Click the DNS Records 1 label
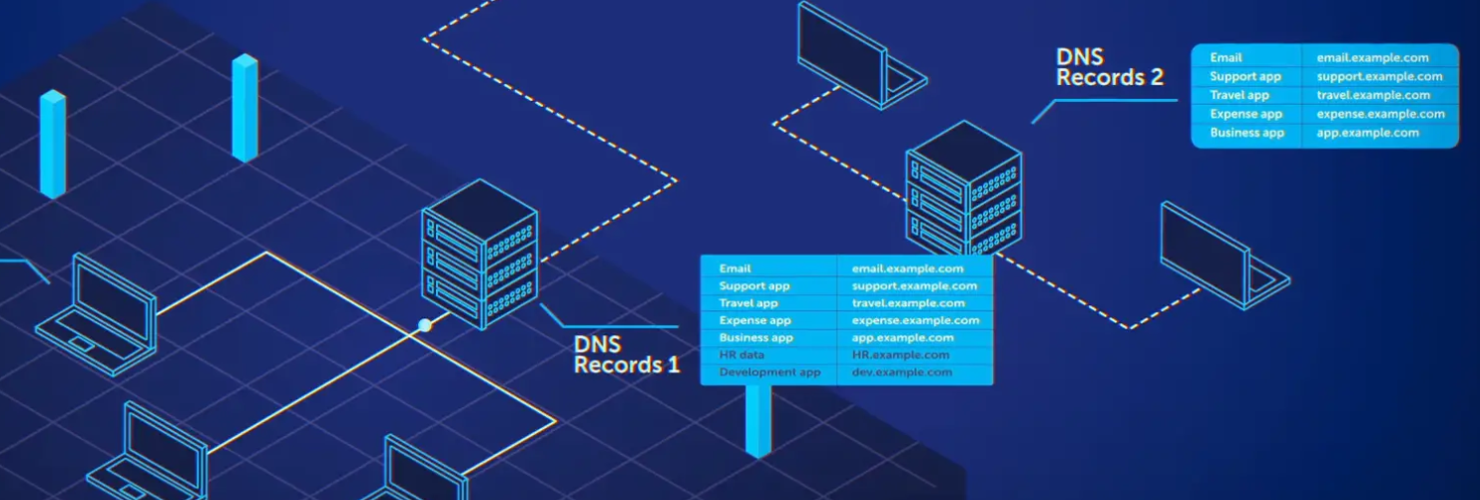pyautogui.click(x=626, y=355)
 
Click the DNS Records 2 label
pyautogui.click(x=1110, y=67)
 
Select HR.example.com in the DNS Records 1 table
pyautogui.click(x=900, y=355)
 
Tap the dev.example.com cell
pyautogui.click(x=901, y=372)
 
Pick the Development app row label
pyautogui.click(x=769, y=372)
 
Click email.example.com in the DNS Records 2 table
pyautogui.click(x=1372, y=58)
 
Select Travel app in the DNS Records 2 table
pyautogui.click(x=1238, y=96)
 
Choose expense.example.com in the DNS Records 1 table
pyautogui.click(x=915, y=320)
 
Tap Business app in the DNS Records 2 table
pyautogui.click(x=1246, y=133)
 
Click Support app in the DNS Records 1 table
pyautogui.click(x=753, y=286)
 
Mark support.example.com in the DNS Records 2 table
pyautogui.click(x=1379, y=77)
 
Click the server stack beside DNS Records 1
pyautogui.click(x=480, y=253)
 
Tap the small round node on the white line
pyautogui.click(x=425, y=325)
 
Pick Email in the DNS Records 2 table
pyautogui.click(x=1226, y=58)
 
